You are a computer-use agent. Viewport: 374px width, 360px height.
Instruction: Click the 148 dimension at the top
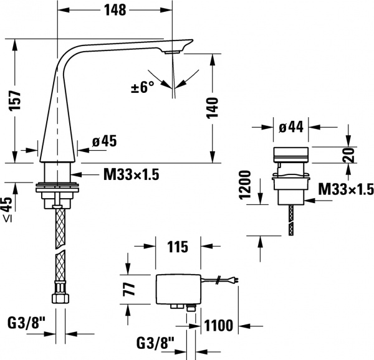(115, 10)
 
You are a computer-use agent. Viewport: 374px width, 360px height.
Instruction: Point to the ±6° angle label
(141, 87)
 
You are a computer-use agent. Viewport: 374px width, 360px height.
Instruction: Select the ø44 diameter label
(290, 128)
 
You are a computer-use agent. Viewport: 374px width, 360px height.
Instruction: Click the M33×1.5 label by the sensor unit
(345, 188)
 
